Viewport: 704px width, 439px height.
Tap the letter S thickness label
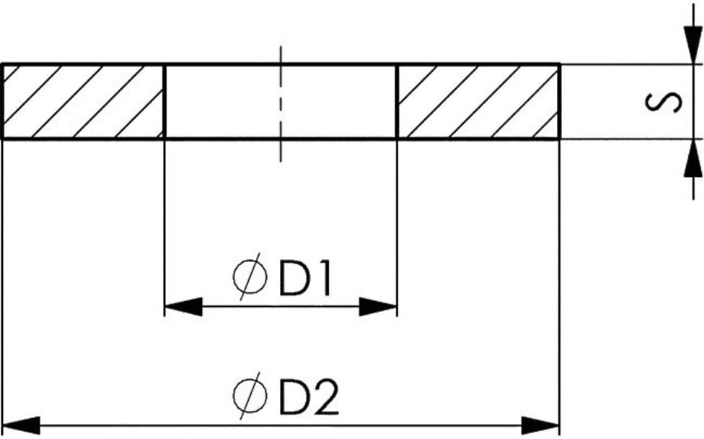click(663, 102)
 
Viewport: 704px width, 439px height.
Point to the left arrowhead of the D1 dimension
click(183, 307)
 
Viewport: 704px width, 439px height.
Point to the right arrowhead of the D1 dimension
click(378, 307)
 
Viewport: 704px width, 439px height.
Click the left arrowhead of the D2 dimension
click(22, 425)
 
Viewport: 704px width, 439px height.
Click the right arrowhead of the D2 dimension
click(540, 425)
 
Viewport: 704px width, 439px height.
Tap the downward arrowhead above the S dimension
click(693, 45)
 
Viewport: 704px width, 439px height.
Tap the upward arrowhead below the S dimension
click(693, 157)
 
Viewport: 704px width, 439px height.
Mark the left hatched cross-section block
click(84, 102)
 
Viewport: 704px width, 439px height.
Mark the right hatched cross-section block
click(479, 102)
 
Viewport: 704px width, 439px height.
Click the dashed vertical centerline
click(281, 103)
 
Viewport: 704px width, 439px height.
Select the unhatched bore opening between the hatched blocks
click(281, 102)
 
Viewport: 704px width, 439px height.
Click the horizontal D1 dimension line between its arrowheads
click(281, 307)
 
